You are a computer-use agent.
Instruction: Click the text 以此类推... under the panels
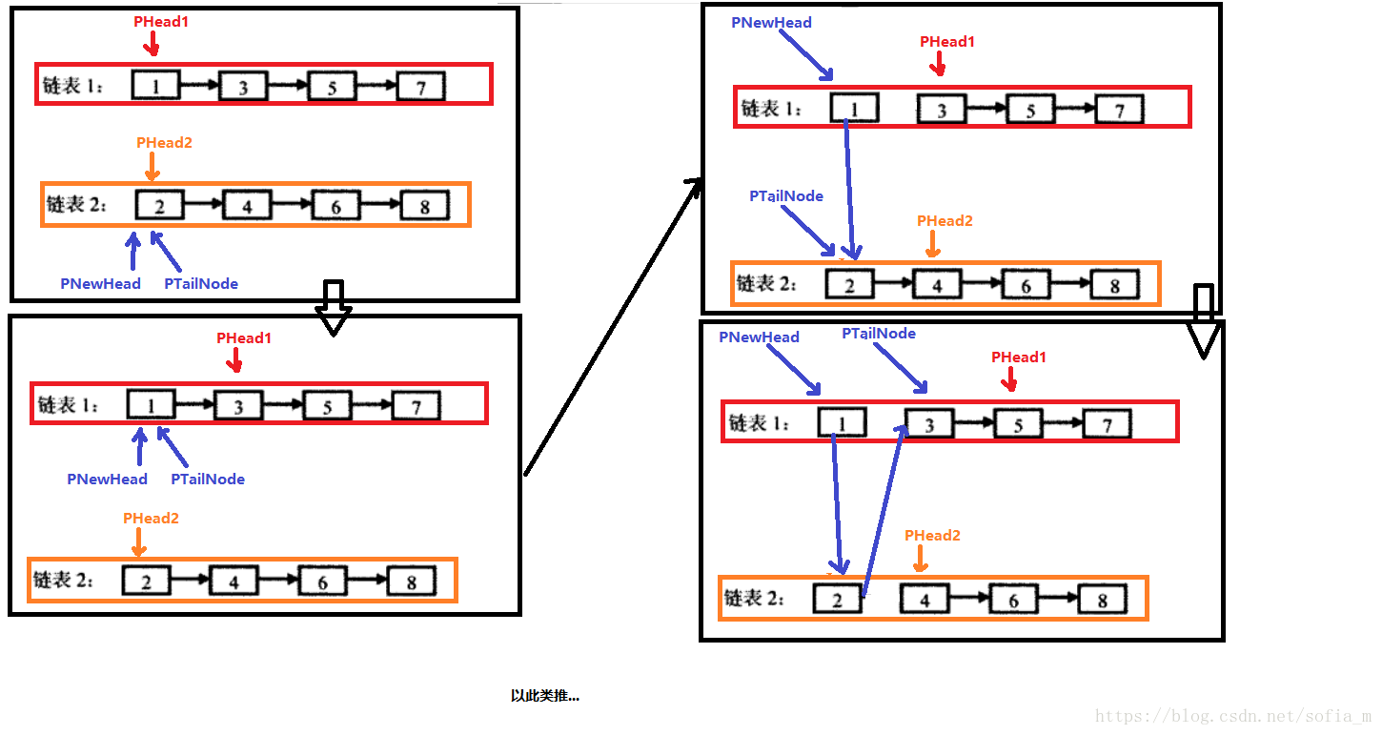pos(544,696)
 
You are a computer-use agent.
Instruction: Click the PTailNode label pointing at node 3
pos(879,334)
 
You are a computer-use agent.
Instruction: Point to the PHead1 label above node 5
pos(1019,357)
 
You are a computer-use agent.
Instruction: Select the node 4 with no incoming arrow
pos(925,599)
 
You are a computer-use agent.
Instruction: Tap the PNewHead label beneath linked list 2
pos(100,283)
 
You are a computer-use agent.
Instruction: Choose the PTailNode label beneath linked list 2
pos(201,283)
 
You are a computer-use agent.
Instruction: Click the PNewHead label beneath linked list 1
pos(107,480)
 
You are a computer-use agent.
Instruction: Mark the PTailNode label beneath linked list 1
pos(208,480)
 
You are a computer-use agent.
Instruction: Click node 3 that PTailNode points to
pos(929,424)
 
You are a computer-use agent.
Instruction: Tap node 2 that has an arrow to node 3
pos(837,599)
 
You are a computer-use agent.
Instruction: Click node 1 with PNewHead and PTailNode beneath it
pos(151,406)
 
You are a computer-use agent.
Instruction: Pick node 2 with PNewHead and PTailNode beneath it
pos(159,206)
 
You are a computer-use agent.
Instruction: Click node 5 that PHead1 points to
pos(1018,424)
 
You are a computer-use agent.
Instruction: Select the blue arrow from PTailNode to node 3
pos(900,368)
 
